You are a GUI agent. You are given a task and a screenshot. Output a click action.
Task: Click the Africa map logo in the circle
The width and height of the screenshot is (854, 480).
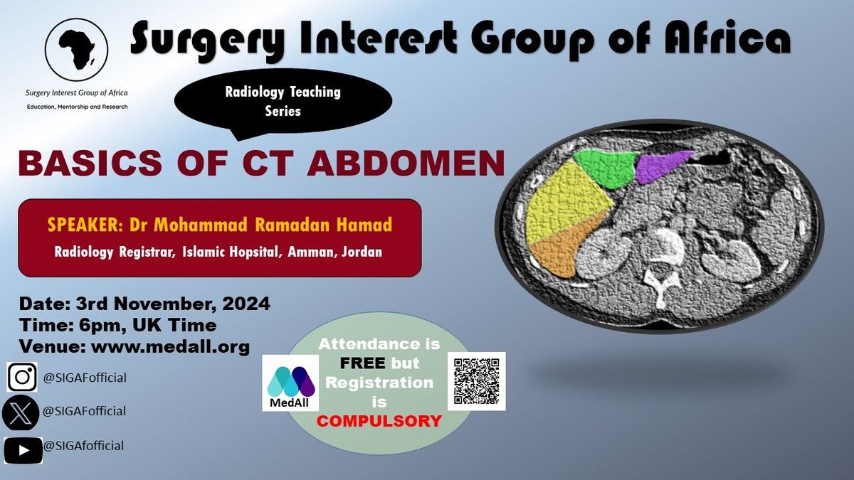[x=76, y=50]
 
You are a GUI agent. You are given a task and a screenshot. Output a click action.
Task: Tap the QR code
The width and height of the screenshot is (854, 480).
[x=477, y=381]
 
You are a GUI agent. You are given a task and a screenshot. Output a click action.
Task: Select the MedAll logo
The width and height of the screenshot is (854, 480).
[x=290, y=383]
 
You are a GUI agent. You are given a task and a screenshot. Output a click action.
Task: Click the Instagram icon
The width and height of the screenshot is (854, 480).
[x=22, y=377]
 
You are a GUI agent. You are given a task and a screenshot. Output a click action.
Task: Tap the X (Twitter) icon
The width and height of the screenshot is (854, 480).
[x=20, y=412]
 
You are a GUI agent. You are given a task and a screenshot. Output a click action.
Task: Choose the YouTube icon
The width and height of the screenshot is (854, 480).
[x=23, y=450]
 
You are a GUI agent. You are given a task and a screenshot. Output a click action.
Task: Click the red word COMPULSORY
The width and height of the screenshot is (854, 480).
[x=379, y=421]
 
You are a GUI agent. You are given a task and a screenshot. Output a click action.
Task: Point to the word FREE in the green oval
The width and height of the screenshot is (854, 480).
[x=362, y=363]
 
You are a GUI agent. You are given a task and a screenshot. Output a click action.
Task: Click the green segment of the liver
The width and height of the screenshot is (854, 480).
[x=604, y=168]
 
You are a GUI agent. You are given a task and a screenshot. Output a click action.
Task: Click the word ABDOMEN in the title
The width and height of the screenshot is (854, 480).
[x=406, y=163]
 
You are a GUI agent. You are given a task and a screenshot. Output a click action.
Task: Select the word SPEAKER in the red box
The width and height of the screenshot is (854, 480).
[x=83, y=225]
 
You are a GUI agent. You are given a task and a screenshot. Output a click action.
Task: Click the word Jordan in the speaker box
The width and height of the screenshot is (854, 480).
[x=362, y=252]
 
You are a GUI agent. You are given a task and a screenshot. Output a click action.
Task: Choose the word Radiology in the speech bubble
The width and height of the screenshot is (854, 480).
[x=254, y=92]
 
